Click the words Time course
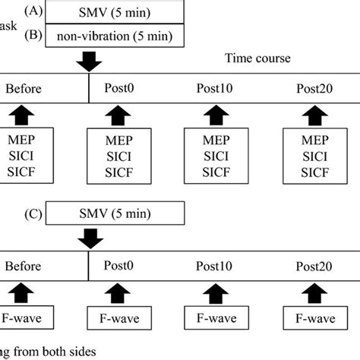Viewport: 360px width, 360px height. pyautogui.click(x=258, y=58)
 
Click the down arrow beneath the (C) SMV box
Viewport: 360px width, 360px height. pyautogui.click(x=91, y=238)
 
